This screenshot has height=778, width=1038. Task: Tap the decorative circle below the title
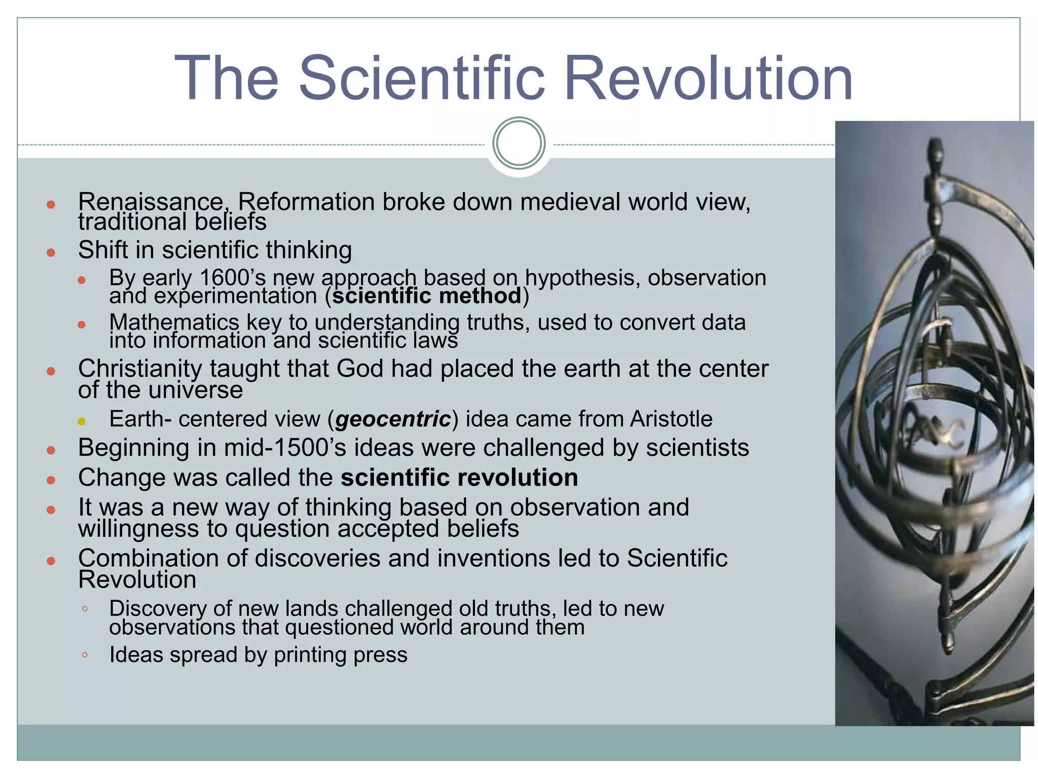[518, 143]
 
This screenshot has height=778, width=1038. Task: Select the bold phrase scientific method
[427, 296]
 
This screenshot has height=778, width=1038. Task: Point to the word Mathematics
[174, 322]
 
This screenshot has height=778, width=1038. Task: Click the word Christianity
[140, 369]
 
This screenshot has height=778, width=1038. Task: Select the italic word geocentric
[393, 419]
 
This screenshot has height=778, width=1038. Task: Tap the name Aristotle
[671, 419]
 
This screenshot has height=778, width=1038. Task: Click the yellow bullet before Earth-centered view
[82, 421]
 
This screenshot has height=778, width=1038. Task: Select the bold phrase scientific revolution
[459, 478]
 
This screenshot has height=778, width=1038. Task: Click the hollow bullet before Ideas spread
[85, 655]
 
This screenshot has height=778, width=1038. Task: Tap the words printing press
[341, 655]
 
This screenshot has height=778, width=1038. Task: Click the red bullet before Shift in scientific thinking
[51, 252]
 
